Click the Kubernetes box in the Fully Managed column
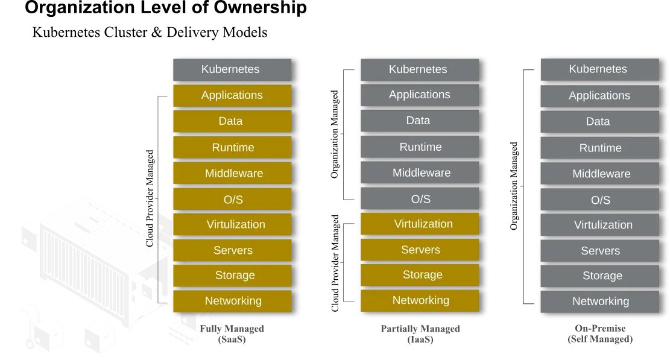pos(232,69)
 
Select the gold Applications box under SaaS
pos(232,95)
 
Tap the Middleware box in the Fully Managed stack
pos(232,173)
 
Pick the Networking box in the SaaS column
pos(232,301)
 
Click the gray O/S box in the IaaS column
pos(420,198)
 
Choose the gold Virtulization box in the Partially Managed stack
pos(420,224)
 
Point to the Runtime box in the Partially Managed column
pos(420,147)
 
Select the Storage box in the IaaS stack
pos(420,275)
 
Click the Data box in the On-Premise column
pos(600,122)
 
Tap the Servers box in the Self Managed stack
pos(600,251)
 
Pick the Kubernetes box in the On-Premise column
pos(600,69)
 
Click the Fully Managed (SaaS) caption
pos(232,334)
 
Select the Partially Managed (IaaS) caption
pos(420,334)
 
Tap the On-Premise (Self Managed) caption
pos(600,333)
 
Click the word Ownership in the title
pos(260,8)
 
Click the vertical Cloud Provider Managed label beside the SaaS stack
pos(149,198)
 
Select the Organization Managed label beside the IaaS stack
pos(334,134)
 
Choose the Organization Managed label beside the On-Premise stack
pos(514,186)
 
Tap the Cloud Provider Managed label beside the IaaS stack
pos(335,263)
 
